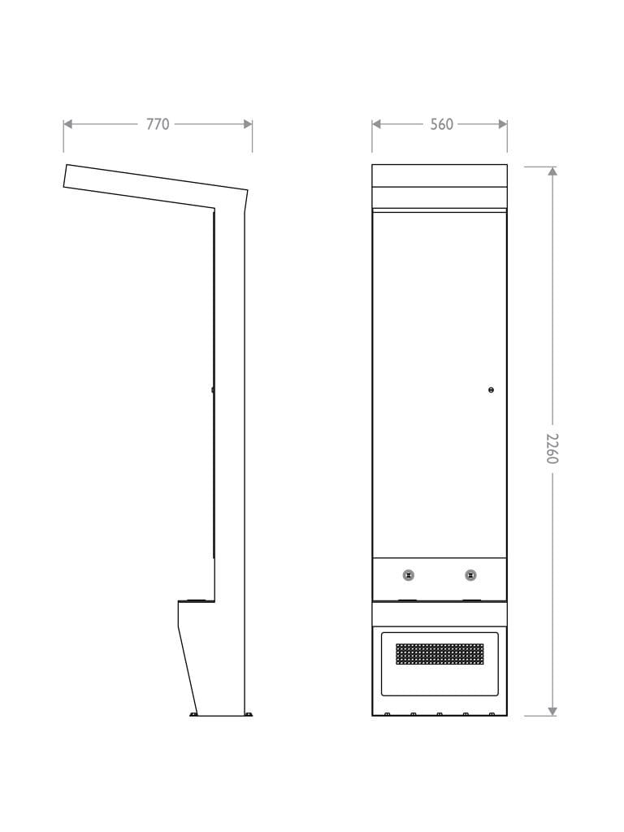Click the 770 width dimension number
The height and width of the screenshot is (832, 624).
pyautogui.click(x=158, y=124)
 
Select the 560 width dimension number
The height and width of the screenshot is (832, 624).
pyautogui.click(x=441, y=124)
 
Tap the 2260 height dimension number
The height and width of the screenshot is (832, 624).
pyautogui.click(x=552, y=448)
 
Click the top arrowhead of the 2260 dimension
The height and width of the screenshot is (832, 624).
pyautogui.click(x=552, y=171)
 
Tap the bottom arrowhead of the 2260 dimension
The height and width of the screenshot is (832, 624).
pyautogui.click(x=552, y=711)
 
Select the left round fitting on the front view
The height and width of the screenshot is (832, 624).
pyautogui.click(x=409, y=575)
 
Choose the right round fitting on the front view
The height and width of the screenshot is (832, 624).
pyautogui.click(x=470, y=575)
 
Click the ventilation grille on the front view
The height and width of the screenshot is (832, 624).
pyautogui.click(x=440, y=654)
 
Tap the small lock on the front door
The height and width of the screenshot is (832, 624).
pyautogui.click(x=491, y=390)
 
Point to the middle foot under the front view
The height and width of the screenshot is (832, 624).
pyautogui.click(x=440, y=714)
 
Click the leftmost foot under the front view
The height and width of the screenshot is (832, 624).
pyautogui.click(x=388, y=714)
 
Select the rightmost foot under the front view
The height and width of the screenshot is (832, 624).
pyautogui.click(x=492, y=714)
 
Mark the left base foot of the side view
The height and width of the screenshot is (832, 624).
pyautogui.click(x=193, y=714)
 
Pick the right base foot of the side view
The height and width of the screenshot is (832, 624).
pyautogui.click(x=249, y=715)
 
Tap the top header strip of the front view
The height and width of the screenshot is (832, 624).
pyautogui.click(x=440, y=175)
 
